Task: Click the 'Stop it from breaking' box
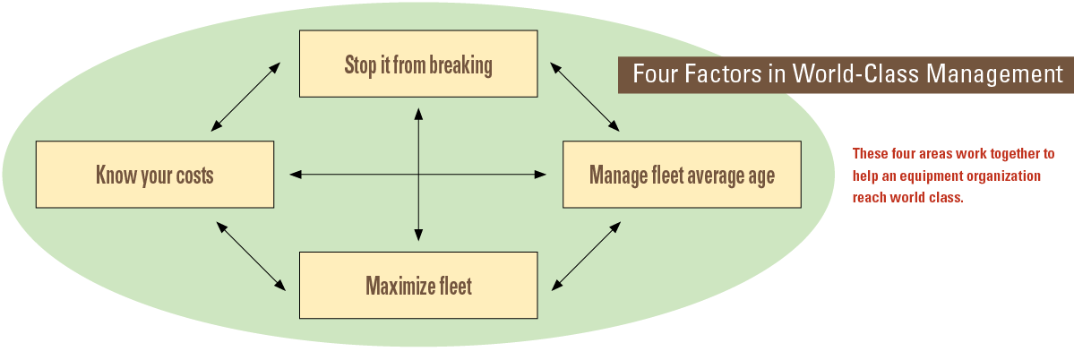[418, 64]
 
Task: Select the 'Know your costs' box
[155, 174]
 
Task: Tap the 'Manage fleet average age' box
[682, 174]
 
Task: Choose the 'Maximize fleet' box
[418, 285]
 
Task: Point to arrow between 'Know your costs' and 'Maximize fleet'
[251, 256]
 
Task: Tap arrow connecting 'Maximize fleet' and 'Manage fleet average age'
[585, 256]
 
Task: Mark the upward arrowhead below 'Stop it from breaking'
[418, 113]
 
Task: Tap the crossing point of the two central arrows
[418, 174]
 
